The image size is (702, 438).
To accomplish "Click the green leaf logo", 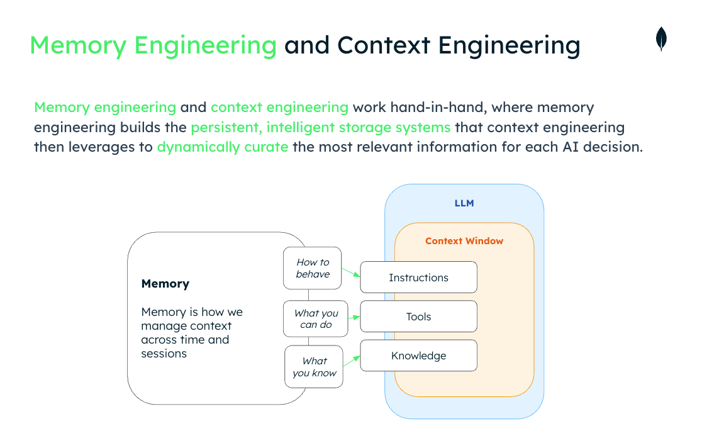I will pyautogui.click(x=661, y=39).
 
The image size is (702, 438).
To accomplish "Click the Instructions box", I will pyautogui.click(x=418, y=278).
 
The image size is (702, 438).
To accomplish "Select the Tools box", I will pyautogui.click(x=418, y=317).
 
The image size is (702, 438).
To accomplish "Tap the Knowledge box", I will pyautogui.click(x=418, y=356).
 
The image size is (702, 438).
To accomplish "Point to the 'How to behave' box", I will pyautogui.click(x=313, y=268).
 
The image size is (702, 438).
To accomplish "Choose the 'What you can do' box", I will pyautogui.click(x=316, y=319).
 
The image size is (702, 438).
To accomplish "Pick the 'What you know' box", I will pyautogui.click(x=314, y=367).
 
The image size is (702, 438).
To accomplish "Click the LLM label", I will pyautogui.click(x=464, y=203).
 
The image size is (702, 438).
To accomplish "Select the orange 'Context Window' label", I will pyautogui.click(x=464, y=241).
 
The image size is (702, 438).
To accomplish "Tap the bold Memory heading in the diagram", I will pyautogui.click(x=165, y=284).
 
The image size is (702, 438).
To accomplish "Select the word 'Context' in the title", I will pyautogui.click(x=384, y=45).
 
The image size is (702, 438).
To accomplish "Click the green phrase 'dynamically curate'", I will pyautogui.click(x=223, y=147).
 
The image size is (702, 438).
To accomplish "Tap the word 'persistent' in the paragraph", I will pyautogui.click(x=225, y=127).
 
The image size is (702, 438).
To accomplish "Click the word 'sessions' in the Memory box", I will pyautogui.click(x=164, y=354).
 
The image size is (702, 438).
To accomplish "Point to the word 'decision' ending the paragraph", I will pyautogui.click(x=614, y=147).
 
